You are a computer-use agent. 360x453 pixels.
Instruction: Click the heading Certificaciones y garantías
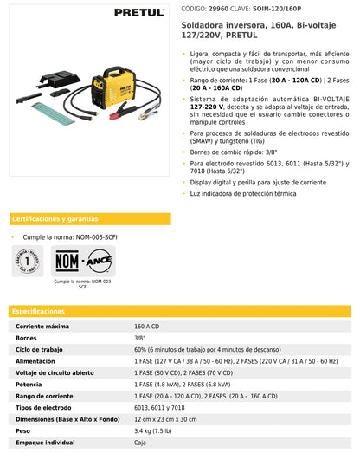55,219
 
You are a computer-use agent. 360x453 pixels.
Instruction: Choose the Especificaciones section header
39,310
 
